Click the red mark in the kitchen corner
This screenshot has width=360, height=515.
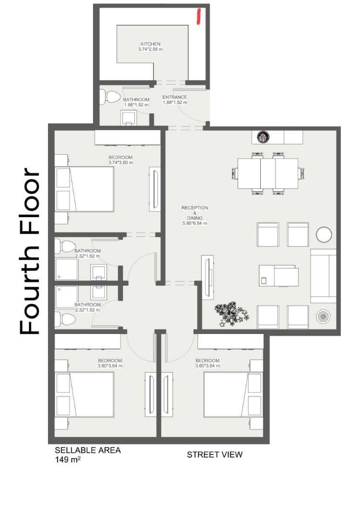pos(198,16)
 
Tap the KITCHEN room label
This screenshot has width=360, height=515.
pos(150,44)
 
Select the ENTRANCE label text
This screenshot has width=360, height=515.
pos(175,97)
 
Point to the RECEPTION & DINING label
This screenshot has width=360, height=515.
pos(194,213)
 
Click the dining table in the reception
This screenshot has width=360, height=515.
pos(268,173)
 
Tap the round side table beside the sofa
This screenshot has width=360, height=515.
pos(324,234)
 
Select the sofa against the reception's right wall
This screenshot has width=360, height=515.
pos(323,276)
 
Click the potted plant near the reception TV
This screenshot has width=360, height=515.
pos(231,314)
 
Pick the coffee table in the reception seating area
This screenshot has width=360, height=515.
pos(278,276)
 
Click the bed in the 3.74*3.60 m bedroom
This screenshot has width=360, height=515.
pos(84,189)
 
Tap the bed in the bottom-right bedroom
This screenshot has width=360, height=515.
pos(233,394)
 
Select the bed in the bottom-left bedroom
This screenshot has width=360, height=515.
pos(84,394)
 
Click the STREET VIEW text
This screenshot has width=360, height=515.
pos(215,454)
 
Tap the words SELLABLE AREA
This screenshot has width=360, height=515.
pos(88,450)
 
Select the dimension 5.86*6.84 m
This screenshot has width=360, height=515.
pos(195,223)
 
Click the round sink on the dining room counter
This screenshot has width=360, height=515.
pos(263,136)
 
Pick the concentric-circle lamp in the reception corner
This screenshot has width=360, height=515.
pos(323,317)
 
